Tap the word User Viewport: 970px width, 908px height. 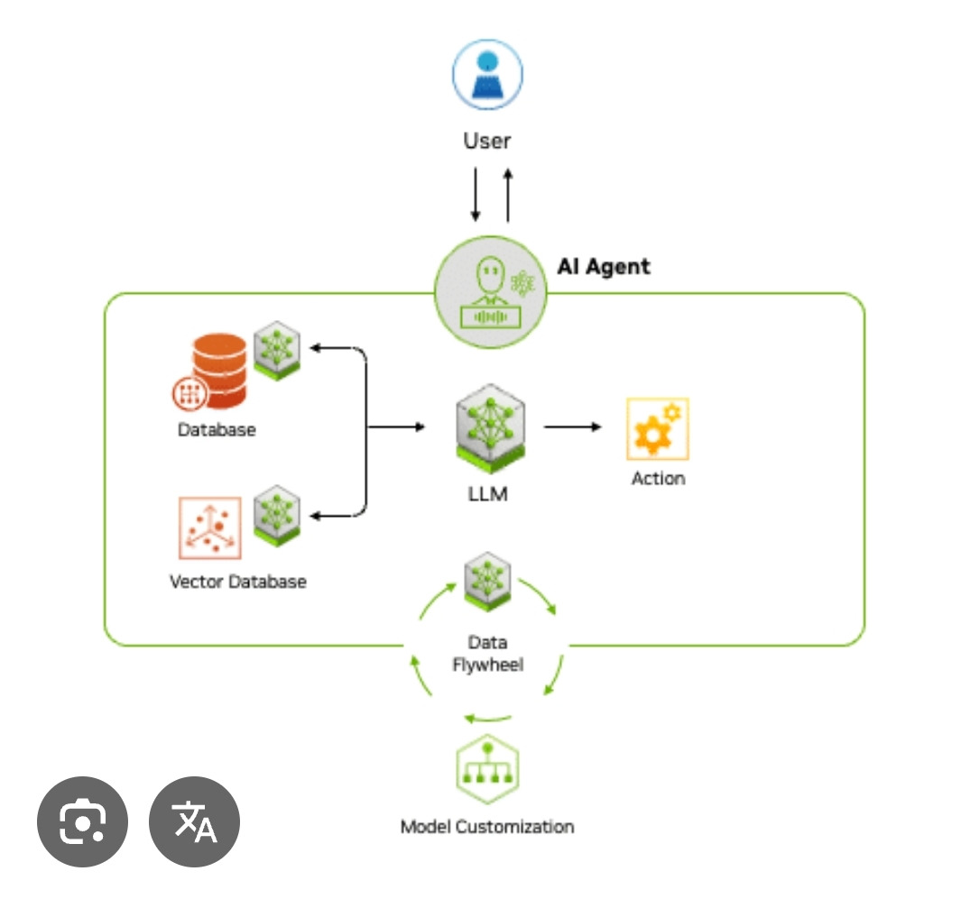pyautogui.click(x=487, y=141)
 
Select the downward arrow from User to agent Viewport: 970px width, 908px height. pyautogui.click(x=475, y=193)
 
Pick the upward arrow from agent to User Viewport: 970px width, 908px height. pyautogui.click(x=508, y=193)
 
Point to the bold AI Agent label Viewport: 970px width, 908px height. pyautogui.click(x=603, y=266)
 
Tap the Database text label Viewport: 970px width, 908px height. pyautogui.click(x=217, y=429)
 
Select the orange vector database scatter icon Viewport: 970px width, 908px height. pyautogui.click(x=209, y=527)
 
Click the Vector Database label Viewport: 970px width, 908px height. pyautogui.click(x=238, y=582)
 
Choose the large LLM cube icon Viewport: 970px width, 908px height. pyautogui.click(x=491, y=429)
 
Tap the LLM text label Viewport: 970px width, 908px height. pyautogui.click(x=489, y=494)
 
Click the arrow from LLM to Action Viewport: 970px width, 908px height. pyautogui.click(x=572, y=426)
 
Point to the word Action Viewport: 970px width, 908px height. pyautogui.click(x=658, y=478)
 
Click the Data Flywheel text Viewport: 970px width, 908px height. pyautogui.click(x=487, y=654)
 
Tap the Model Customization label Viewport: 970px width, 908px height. pyautogui.click(x=487, y=826)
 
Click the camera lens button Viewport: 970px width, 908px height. pyautogui.click(x=82, y=821)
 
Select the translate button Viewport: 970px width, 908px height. pyautogui.click(x=194, y=821)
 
